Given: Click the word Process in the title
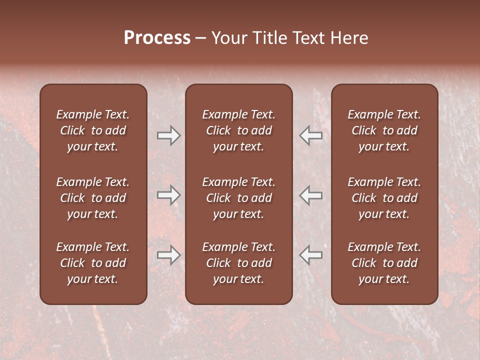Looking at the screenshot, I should point(157,38).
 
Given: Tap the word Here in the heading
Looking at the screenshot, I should point(349,38).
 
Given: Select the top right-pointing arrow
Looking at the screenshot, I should point(168,135).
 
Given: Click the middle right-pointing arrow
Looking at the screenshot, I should point(168,194).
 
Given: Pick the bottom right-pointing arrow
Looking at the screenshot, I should point(168,255).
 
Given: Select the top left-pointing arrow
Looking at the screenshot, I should point(311,135).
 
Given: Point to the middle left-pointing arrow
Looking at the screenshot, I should point(311,194).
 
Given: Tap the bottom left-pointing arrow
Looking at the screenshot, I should point(311,255).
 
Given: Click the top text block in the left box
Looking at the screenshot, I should point(93,130).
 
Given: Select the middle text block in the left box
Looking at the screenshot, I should point(93,198).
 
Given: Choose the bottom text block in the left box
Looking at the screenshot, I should point(93,263).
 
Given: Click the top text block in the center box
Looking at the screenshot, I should point(238,130).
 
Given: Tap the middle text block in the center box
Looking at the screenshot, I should point(238,198).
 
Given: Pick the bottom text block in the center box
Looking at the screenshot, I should point(238,263).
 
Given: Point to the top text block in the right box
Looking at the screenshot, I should point(384,130).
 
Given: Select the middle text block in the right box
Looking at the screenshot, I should point(384,198).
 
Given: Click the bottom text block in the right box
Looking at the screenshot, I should point(384,263).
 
